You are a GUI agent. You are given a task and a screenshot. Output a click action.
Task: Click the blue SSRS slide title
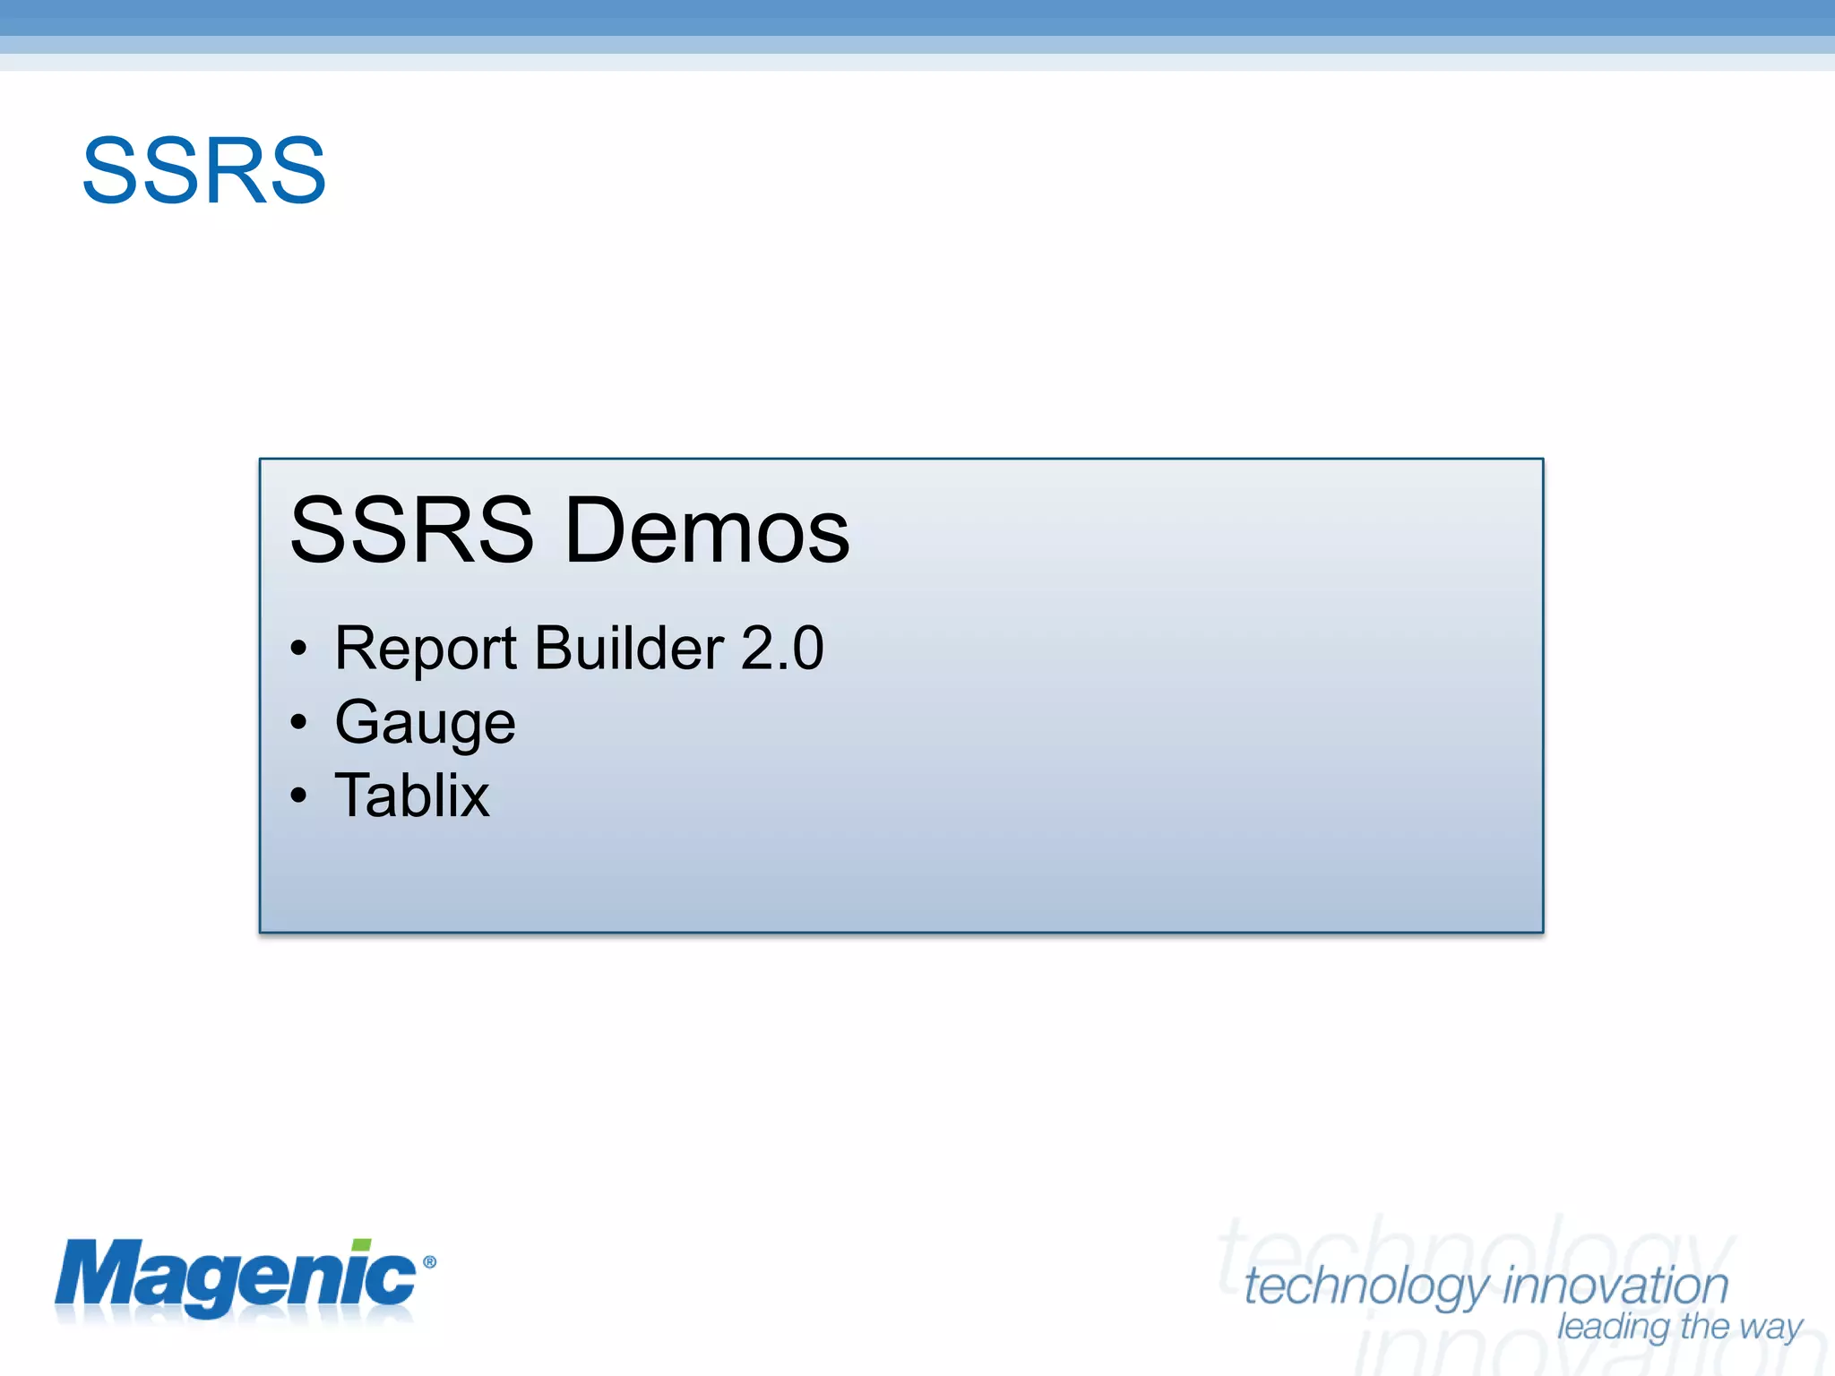tap(204, 171)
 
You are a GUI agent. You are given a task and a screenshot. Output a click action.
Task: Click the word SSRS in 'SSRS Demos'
tap(412, 530)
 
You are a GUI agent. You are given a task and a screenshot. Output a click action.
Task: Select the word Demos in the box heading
tap(708, 530)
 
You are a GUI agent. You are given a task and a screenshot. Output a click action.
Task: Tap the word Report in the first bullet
tap(426, 648)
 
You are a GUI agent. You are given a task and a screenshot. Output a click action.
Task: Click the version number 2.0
tap(782, 648)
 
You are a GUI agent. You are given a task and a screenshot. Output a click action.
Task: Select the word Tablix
tap(412, 795)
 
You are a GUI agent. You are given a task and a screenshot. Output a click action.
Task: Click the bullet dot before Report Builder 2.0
tap(298, 649)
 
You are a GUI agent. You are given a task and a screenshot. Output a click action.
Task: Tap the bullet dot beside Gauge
tap(298, 722)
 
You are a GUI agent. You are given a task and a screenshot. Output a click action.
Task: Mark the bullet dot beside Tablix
tap(298, 795)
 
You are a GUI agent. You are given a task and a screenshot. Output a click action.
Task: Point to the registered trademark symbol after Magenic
tap(429, 1262)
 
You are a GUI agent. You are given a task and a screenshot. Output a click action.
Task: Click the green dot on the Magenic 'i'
tap(361, 1246)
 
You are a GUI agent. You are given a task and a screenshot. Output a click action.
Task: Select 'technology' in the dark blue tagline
tap(1367, 1287)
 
